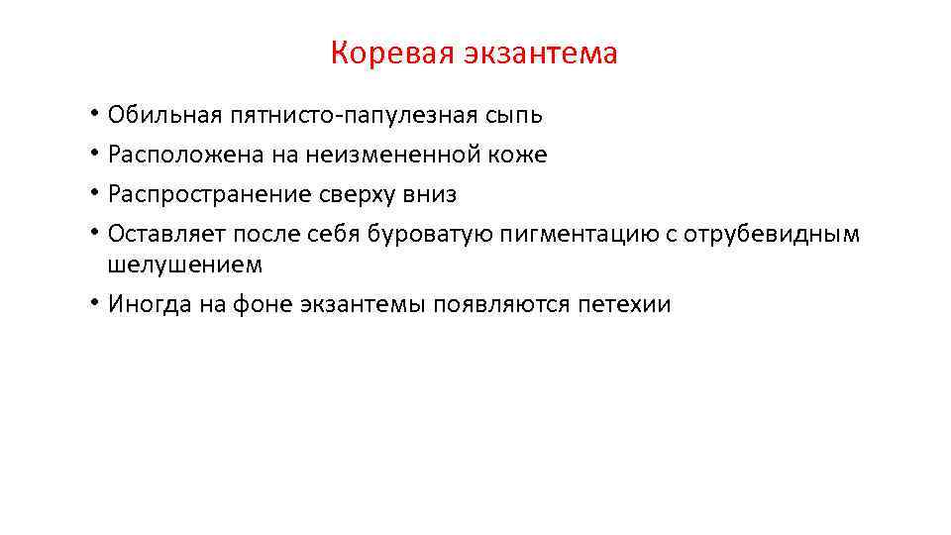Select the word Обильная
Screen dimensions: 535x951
click(152, 116)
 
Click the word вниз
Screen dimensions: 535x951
click(429, 195)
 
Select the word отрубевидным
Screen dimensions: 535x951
click(779, 235)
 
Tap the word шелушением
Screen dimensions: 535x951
click(185, 265)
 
